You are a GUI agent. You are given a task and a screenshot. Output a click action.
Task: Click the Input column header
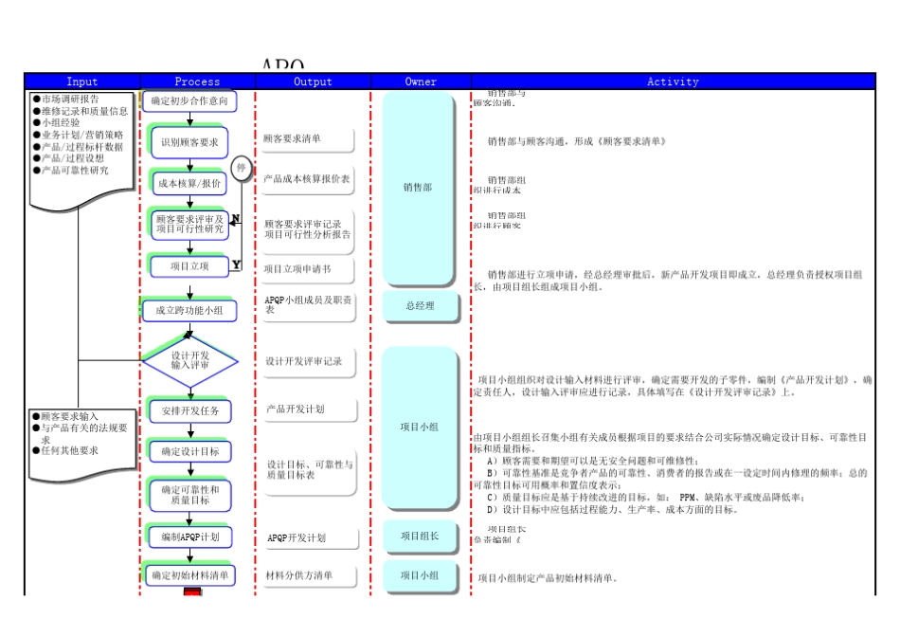click(x=81, y=82)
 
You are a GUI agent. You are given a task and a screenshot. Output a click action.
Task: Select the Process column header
click(x=197, y=82)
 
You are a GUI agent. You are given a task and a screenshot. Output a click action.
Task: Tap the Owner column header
click(x=421, y=82)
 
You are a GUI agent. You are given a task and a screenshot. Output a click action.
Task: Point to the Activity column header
click(x=672, y=82)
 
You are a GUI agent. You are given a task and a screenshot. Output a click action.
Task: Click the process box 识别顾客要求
click(x=189, y=142)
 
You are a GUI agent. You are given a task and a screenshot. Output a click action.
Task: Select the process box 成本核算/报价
click(x=189, y=183)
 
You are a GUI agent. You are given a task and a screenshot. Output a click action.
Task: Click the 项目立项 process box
click(x=189, y=266)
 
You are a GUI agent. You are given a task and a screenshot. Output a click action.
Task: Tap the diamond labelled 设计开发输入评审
click(x=189, y=360)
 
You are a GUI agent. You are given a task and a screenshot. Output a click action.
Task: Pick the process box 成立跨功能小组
click(x=189, y=310)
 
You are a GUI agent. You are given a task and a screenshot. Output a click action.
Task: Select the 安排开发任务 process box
click(x=189, y=411)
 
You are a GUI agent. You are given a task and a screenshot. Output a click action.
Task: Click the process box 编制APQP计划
click(x=189, y=537)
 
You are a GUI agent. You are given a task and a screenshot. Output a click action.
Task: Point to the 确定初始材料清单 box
click(x=189, y=575)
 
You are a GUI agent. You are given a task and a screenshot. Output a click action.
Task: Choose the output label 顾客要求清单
click(x=293, y=138)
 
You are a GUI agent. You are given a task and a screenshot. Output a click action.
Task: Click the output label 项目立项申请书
click(x=297, y=269)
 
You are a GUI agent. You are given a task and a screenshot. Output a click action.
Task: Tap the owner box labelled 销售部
click(x=418, y=188)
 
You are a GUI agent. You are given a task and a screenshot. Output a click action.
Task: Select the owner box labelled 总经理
click(x=421, y=306)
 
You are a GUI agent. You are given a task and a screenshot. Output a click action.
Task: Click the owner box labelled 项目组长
click(x=420, y=537)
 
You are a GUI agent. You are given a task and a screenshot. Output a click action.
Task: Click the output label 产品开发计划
click(x=296, y=409)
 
